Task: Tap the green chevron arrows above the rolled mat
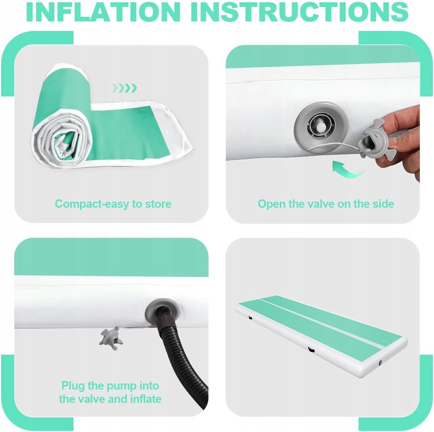(x=124, y=88)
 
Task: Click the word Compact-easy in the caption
(x=93, y=204)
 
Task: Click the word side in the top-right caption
(x=383, y=204)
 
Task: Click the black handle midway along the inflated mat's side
(x=312, y=350)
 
